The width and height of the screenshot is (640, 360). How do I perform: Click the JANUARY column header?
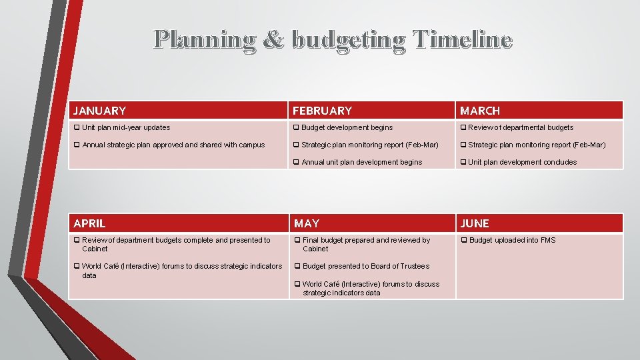click(x=100, y=111)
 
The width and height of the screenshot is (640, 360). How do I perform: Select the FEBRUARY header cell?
click(x=322, y=111)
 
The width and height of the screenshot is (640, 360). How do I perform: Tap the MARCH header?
click(x=480, y=111)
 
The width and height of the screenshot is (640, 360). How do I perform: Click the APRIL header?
click(x=89, y=223)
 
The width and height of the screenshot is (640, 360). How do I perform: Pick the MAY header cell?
click(x=307, y=223)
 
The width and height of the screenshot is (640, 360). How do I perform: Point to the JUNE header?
click(x=475, y=223)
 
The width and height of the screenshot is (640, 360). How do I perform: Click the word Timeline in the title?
click(x=461, y=40)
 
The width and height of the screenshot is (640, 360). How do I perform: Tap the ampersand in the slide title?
click(x=273, y=40)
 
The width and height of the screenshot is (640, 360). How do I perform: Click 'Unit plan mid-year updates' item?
click(x=126, y=127)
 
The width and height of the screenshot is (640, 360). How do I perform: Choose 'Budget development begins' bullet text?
click(x=347, y=127)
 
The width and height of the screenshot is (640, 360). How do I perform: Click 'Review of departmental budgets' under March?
click(x=521, y=127)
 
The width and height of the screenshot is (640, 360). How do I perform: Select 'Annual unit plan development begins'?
click(x=361, y=162)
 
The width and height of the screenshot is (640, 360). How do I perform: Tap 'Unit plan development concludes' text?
click(x=523, y=162)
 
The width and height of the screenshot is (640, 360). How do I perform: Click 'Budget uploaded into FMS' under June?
click(x=512, y=240)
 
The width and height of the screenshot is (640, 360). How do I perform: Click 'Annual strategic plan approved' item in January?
click(x=173, y=145)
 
